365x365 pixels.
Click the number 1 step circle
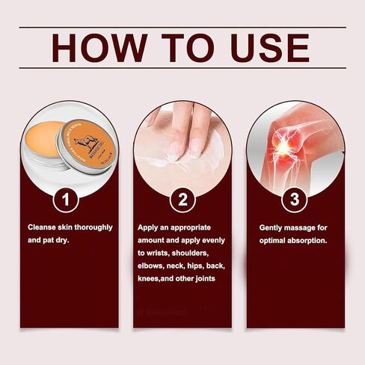click(69, 200)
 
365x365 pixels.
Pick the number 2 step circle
click(182, 200)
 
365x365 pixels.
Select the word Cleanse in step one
click(42, 227)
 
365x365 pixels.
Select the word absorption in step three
click(313, 241)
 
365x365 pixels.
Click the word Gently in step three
click(272, 227)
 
